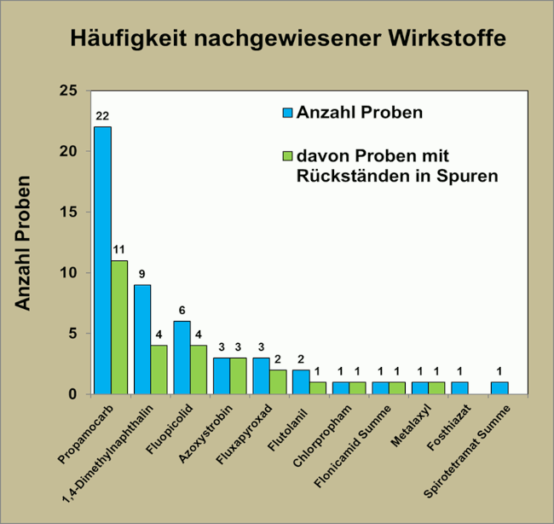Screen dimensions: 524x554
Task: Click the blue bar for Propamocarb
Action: coord(102,260)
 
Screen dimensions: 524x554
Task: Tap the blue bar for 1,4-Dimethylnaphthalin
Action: coord(142,339)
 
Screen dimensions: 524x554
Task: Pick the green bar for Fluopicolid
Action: coord(199,370)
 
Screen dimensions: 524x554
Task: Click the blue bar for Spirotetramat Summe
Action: coord(499,387)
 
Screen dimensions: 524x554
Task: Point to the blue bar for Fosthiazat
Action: coord(460,387)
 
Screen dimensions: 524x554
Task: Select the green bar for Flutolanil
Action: coord(318,387)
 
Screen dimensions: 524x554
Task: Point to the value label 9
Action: coord(141,275)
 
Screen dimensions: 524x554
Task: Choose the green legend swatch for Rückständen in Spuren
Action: coord(287,156)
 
